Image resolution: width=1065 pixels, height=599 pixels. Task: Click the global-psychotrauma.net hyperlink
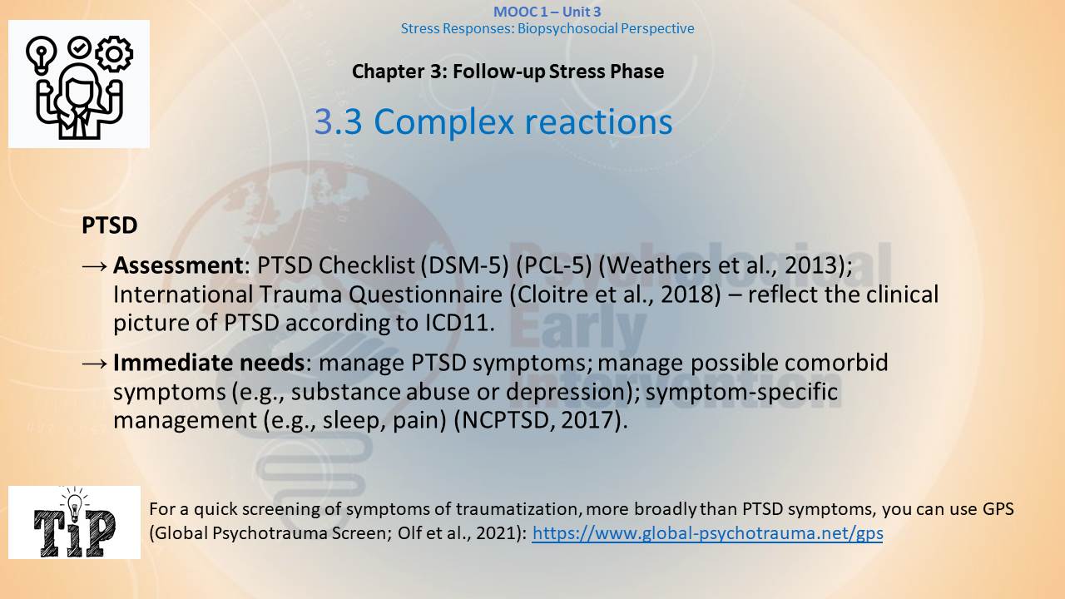click(x=707, y=533)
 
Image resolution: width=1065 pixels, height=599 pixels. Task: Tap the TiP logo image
click(x=75, y=522)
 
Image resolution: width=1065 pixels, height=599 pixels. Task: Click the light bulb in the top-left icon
click(x=41, y=54)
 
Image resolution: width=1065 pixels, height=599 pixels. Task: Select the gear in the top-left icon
click(x=114, y=54)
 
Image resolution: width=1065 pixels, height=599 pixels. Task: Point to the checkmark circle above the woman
click(x=79, y=47)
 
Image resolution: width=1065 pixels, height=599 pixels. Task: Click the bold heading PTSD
click(x=109, y=225)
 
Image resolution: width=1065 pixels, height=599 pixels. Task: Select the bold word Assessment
click(x=178, y=265)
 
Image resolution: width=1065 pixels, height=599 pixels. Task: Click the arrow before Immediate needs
click(x=95, y=364)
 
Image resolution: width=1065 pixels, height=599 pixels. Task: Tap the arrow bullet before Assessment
click(x=95, y=266)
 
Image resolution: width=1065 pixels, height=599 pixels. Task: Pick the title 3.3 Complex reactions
click(x=493, y=121)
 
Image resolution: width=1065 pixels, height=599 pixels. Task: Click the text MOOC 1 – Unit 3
click(x=547, y=12)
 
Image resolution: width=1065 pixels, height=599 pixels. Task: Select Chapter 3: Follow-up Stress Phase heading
click(x=508, y=72)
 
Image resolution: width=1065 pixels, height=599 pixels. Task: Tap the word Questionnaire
click(x=425, y=295)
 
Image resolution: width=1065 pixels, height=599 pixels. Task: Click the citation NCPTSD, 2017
click(x=537, y=420)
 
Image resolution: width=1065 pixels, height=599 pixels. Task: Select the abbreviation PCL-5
click(x=554, y=265)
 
